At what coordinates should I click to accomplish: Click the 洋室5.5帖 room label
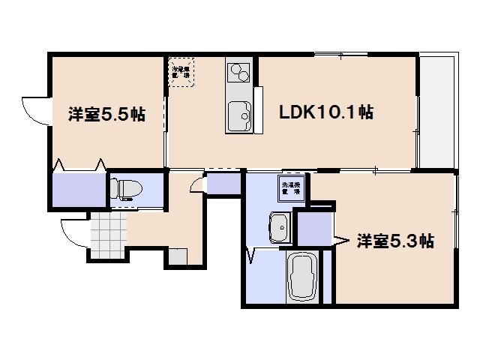point(106,115)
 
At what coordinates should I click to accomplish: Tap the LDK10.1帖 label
point(326,113)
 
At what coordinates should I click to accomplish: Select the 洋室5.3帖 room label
point(394,241)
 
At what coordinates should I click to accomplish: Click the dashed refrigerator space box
point(180,72)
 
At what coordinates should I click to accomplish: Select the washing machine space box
point(291,187)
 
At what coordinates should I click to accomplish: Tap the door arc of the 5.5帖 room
point(36,111)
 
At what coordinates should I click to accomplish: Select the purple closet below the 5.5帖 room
point(78,189)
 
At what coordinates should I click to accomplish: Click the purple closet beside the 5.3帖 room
point(313,229)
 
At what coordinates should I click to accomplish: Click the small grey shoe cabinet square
point(178,256)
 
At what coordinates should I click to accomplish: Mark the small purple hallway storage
point(223,184)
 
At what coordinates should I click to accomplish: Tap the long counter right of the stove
point(259,109)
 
